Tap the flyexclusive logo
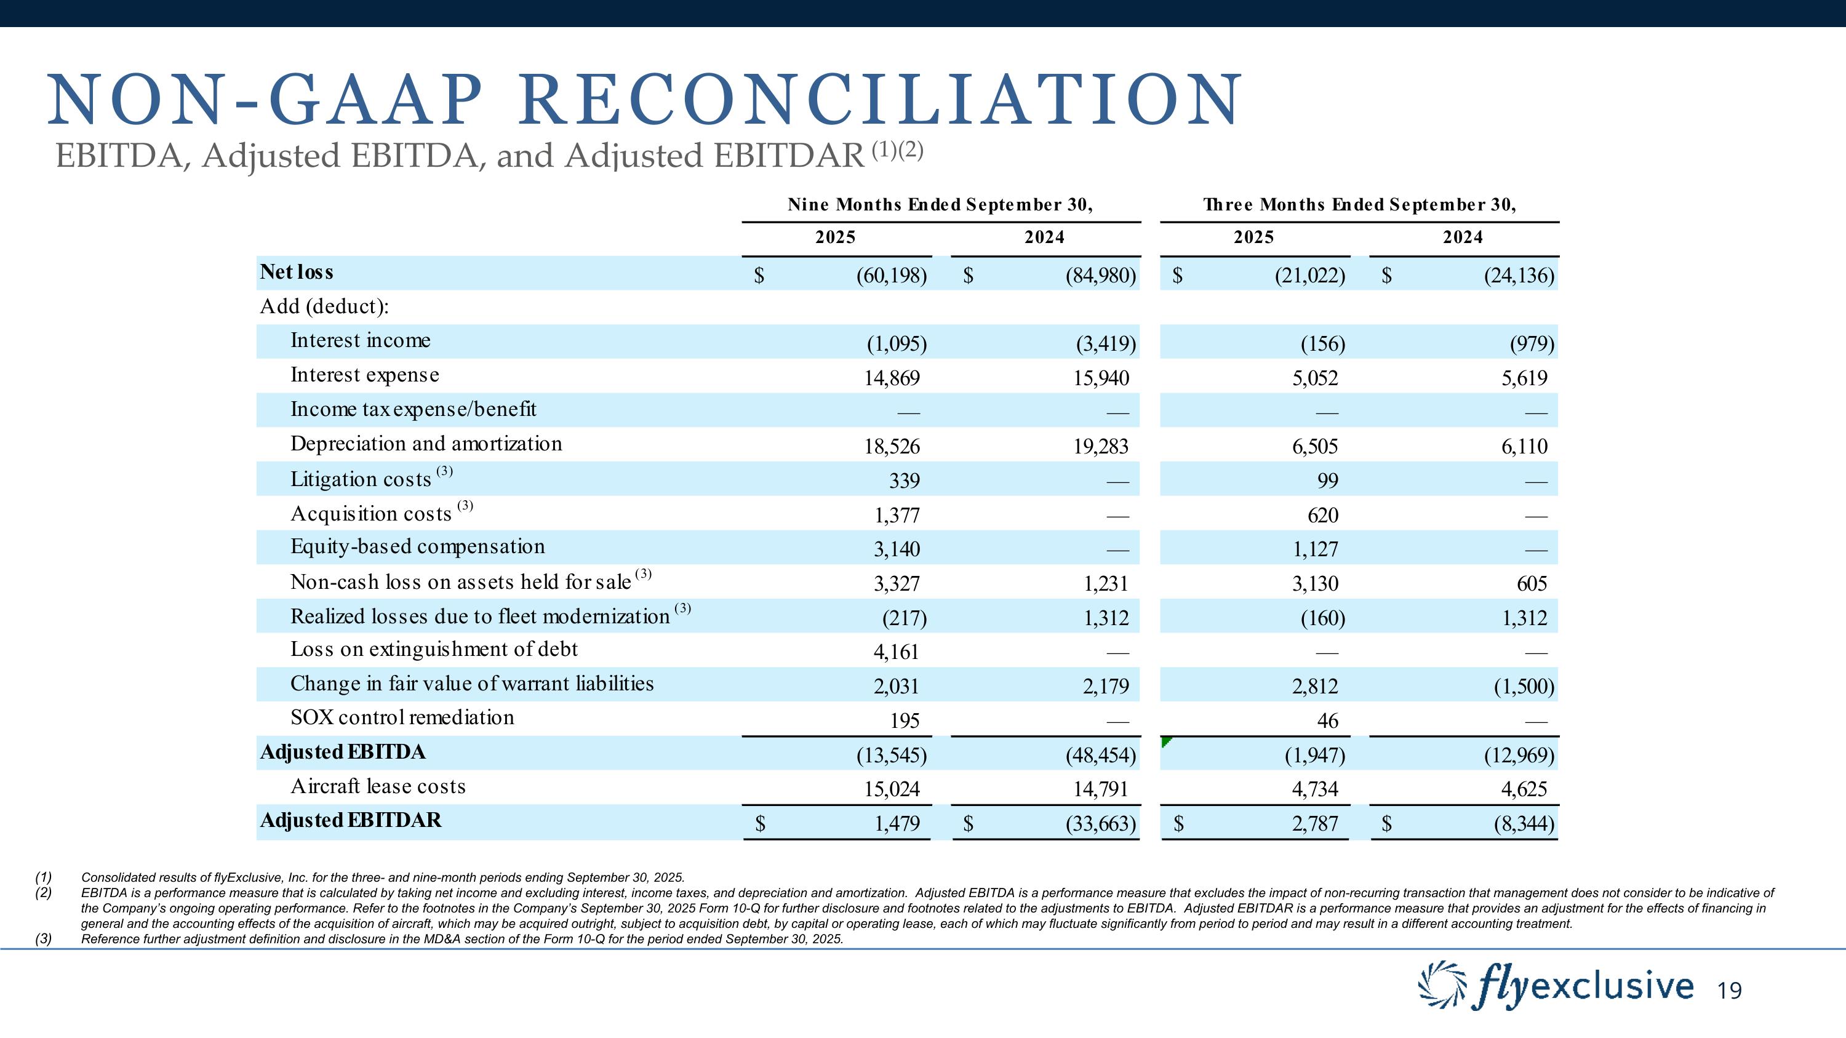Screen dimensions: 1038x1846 click(x=1557, y=989)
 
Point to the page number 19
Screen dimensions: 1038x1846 click(x=1729, y=991)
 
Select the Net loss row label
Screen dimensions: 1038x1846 click(x=297, y=272)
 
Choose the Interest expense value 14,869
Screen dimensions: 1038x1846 click(x=892, y=378)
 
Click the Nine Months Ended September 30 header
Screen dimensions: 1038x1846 click(x=940, y=205)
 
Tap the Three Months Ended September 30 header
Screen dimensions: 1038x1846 click(x=1359, y=205)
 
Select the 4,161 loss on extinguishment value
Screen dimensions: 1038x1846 click(x=896, y=652)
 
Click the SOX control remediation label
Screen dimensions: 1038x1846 click(x=402, y=718)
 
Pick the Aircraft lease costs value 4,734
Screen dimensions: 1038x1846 click(x=1315, y=789)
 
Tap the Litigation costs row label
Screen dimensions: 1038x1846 click(x=361, y=479)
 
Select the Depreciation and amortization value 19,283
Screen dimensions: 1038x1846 click(x=1101, y=447)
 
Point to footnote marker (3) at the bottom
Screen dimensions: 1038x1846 click(x=44, y=939)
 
